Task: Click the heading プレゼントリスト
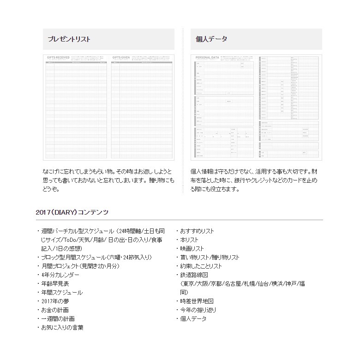click(69, 39)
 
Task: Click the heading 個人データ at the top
click(211, 39)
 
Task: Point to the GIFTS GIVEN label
click(120, 58)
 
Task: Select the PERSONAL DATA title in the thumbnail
click(207, 58)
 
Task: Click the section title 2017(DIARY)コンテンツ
click(72, 212)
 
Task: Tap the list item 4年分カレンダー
click(60, 275)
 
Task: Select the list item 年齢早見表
click(55, 284)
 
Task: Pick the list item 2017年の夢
click(55, 301)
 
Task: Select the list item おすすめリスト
click(197, 231)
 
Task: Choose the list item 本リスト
click(189, 240)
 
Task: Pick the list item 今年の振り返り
click(198, 310)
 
